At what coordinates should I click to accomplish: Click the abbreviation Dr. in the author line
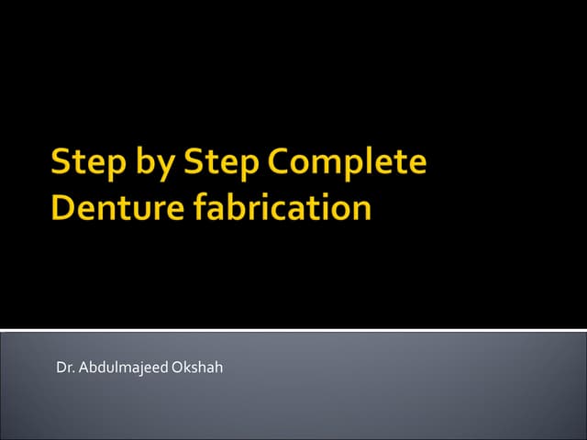tap(64, 368)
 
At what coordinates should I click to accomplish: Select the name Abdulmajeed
tap(117, 368)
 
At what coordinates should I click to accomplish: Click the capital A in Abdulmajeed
tap(83, 368)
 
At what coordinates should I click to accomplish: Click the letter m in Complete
tap(327, 167)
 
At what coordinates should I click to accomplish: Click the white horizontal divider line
tap(293, 329)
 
